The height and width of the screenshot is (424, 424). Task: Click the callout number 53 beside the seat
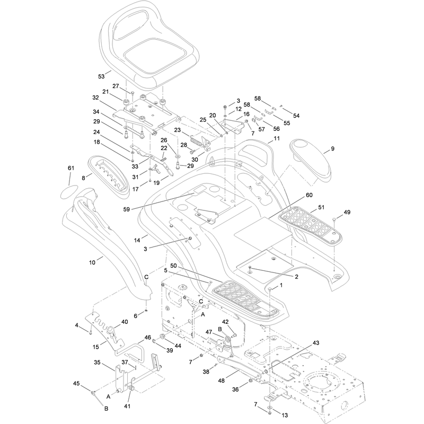click(101, 76)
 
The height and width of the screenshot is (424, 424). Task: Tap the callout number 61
click(71, 168)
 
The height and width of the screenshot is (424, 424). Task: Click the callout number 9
click(333, 149)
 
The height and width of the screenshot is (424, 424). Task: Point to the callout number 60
click(309, 195)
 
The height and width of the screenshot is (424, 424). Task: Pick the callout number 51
click(321, 207)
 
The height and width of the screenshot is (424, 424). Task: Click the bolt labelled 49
click(334, 220)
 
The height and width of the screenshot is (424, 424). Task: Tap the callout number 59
click(126, 209)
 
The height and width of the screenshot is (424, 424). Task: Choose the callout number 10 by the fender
click(92, 262)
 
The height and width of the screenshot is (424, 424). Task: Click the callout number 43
click(316, 343)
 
